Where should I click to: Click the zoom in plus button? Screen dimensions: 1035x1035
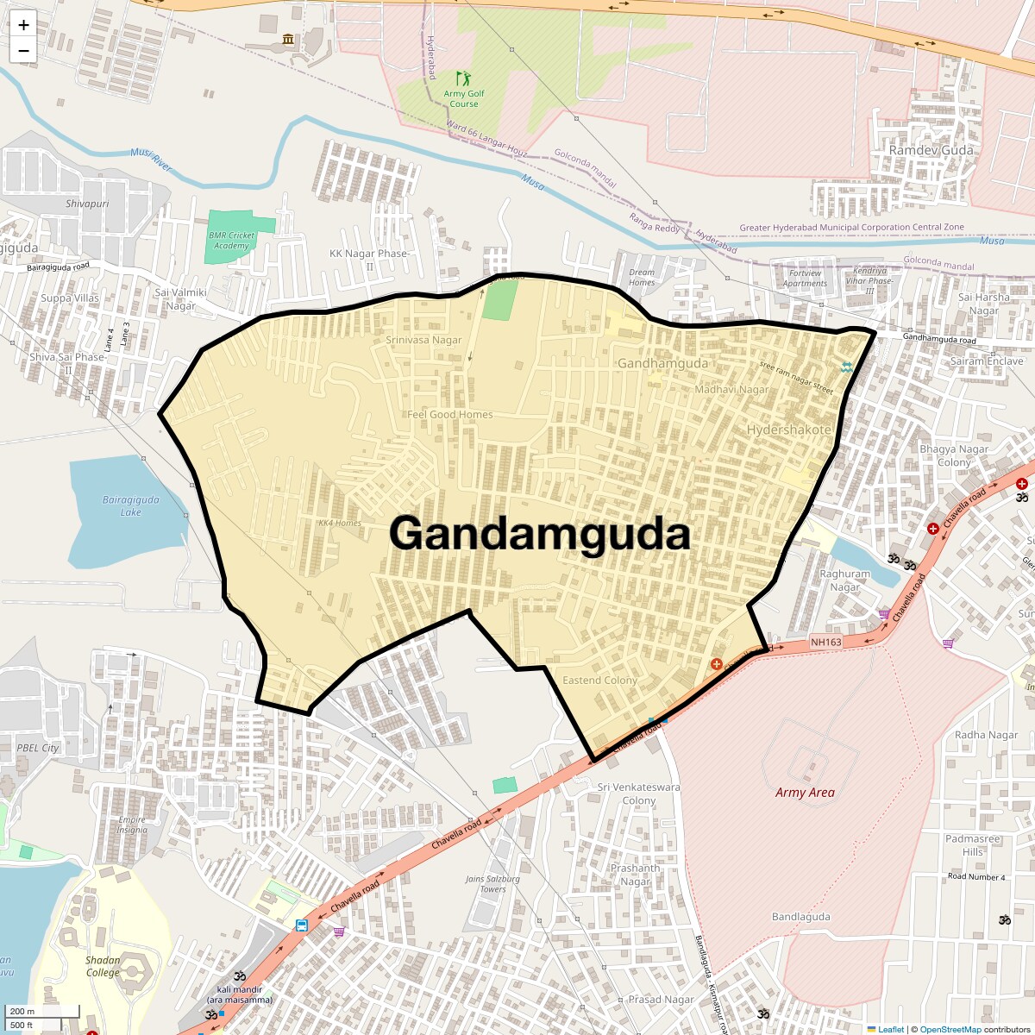[x=23, y=25]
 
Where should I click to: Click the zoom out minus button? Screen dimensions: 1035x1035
[x=23, y=50]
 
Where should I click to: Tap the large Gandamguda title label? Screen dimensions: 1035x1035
[x=540, y=533]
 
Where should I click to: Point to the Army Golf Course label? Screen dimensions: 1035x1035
[x=464, y=98]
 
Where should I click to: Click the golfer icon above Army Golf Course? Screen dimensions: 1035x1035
[x=464, y=78]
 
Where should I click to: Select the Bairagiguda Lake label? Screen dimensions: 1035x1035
[x=131, y=505]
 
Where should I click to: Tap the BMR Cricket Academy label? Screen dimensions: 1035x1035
[x=231, y=241]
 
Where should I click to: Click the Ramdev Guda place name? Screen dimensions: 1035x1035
[x=931, y=150]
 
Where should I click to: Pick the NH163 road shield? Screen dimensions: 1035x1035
[x=825, y=642]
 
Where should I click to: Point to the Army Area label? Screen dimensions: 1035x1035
[x=805, y=792]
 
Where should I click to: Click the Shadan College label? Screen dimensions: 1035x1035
[x=103, y=966]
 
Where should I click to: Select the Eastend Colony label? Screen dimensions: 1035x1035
[x=599, y=681]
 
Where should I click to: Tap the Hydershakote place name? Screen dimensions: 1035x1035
[x=788, y=430]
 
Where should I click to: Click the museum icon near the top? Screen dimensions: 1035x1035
[x=288, y=40]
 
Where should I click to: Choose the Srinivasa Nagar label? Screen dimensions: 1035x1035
[x=423, y=340]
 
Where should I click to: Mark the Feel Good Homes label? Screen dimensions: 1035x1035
[x=450, y=415]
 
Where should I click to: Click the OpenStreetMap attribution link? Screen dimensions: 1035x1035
[x=950, y=1029]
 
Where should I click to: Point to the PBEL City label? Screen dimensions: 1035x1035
[x=38, y=748]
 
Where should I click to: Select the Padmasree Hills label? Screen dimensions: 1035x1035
[x=973, y=844]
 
